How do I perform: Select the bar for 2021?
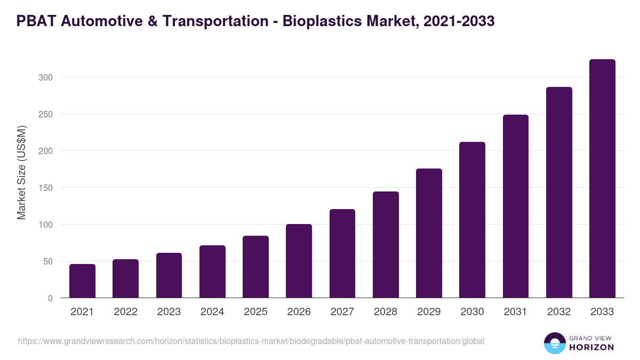coord(82,281)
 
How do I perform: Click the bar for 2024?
coord(212,272)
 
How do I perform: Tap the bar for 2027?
coord(342,253)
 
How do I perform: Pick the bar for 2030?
coord(472,220)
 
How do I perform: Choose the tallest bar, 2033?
coord(602,179)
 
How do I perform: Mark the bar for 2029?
coord(429,233)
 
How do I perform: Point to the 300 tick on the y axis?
coord(45,77)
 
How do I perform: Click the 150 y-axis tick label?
coord(45,188)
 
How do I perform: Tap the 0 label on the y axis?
coord(50,298)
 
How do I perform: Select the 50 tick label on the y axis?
coord(47,261)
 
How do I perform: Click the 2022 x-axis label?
coord(125,312)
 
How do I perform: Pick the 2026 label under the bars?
coord(299,312)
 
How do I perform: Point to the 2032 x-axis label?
coord(559,312)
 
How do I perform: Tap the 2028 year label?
coord(386,312)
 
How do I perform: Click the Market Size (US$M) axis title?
coord(21,172)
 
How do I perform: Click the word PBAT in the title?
coord(36,21)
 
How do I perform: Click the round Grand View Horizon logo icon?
coord(554,343)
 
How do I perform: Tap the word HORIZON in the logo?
coord(591,347)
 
